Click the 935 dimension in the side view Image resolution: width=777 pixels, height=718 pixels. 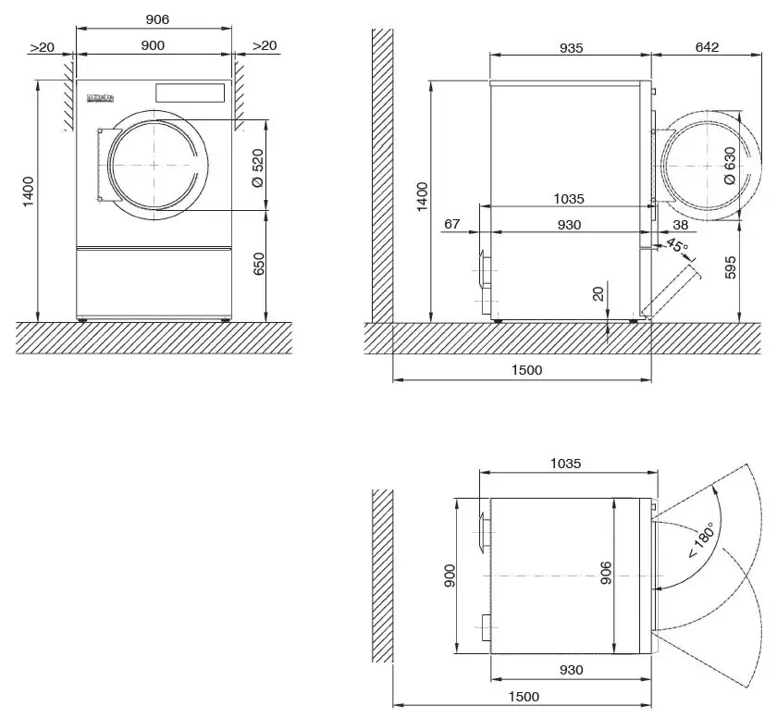coord(571,47)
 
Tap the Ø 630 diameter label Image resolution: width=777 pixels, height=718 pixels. coord(730,167)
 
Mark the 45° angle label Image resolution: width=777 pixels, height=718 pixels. coord(677,247)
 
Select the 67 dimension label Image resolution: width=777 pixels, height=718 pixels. coord(452,224)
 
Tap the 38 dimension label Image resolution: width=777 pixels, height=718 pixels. coord(681,224)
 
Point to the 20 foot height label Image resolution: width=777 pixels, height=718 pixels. coord(598,294)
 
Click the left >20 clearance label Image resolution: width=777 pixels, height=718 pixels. coord(42,46)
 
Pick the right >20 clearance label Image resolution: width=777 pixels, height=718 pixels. coord(264,46)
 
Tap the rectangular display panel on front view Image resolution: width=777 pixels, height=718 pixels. coord(191,93)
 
